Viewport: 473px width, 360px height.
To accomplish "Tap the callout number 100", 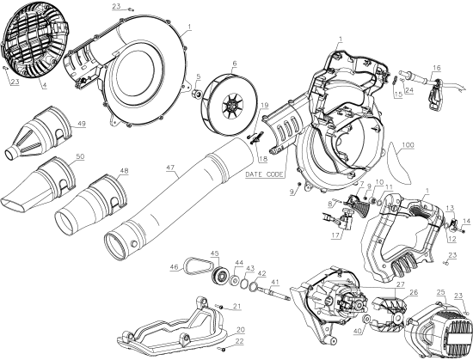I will click(408, 146).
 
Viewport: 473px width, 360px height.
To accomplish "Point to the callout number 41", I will click(274, 283).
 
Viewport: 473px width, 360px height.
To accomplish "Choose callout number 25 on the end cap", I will click(440, 293).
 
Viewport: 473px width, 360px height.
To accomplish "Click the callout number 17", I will click(338, 234).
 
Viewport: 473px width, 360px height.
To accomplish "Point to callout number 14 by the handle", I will click(468, 222).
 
